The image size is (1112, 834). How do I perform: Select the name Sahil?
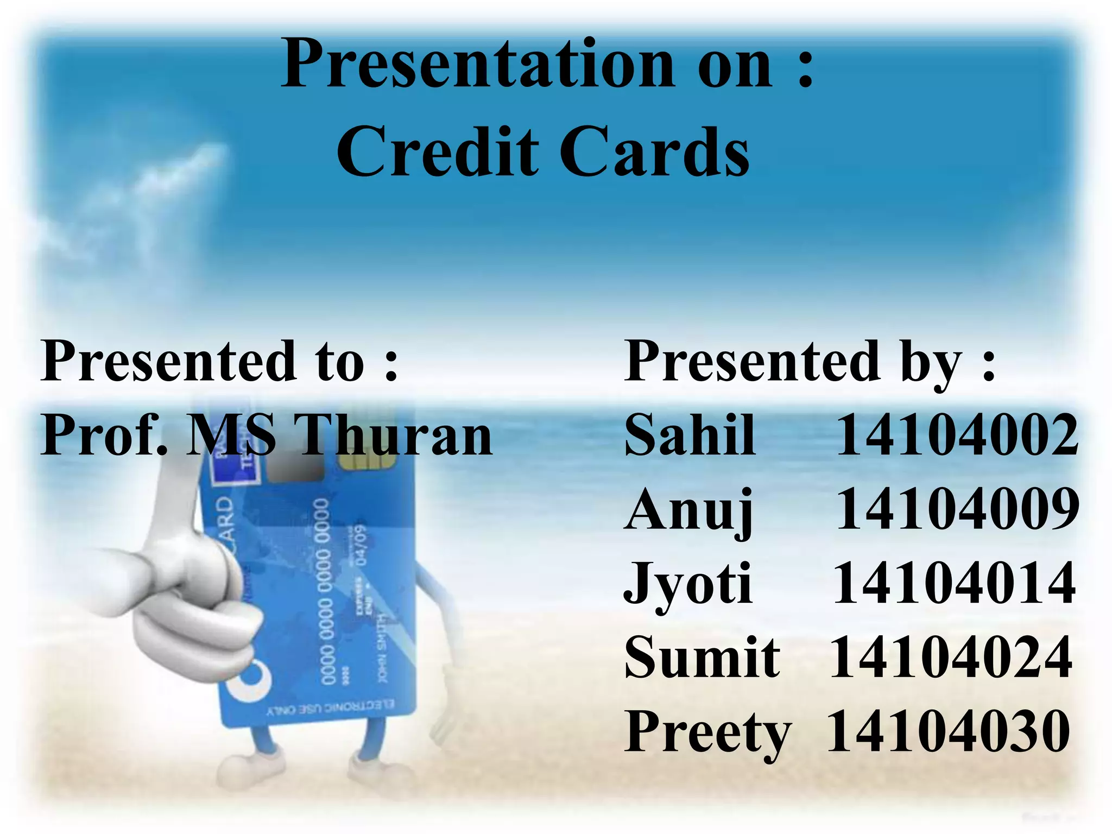point(689,434)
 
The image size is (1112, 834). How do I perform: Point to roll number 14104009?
point(957,509)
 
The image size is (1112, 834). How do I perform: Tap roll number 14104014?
point(954,584)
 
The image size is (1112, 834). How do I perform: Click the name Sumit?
point(702,658)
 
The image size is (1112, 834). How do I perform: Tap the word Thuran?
point(395,434)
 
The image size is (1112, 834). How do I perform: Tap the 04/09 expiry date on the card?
point(359,544)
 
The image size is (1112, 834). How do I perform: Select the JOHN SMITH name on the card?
point(383,649)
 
